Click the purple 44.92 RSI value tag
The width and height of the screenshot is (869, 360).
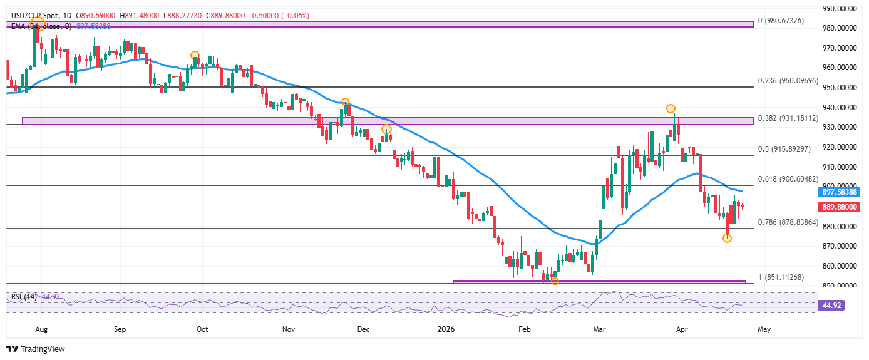[x=831, y=306]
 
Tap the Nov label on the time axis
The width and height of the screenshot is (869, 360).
[x=288, y=328]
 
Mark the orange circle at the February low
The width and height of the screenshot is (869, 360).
[x=554, y=282]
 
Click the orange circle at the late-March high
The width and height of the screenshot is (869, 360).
[x=671, y=108]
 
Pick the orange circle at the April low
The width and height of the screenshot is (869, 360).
[x=727, y=239]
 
